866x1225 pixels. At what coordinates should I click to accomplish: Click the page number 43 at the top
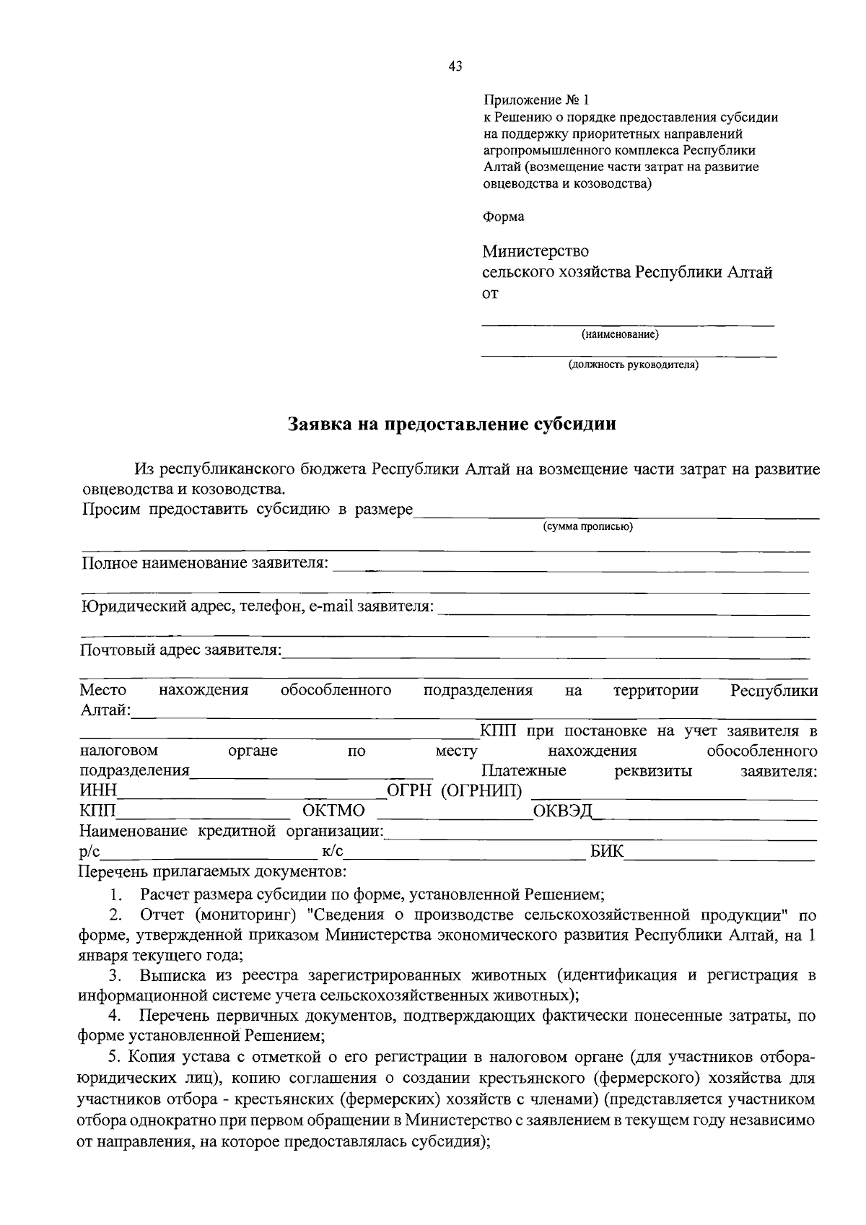click(x=455, y=66)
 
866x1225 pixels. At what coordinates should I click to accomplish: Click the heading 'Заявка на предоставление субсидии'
click(x=452, y=424)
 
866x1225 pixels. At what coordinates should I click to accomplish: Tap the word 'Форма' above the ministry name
click(x=503, y=217)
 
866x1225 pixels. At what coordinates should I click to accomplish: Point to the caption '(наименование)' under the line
click(x=620, y=335)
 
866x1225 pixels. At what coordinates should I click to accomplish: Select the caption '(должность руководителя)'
click(x=633, y=365)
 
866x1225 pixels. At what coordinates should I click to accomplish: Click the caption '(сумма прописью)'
click(x=588, y=527)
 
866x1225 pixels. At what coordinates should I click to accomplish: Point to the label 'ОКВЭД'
click(x=562, y=811)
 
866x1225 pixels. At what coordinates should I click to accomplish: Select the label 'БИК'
click(x=606, y=852)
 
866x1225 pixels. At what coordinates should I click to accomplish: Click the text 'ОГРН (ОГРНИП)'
click(x=455, y=791)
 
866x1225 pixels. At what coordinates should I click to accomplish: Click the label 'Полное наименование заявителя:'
click(x=204, y=563)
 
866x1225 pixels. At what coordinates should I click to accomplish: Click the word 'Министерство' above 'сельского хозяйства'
click(x=535, y=251)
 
